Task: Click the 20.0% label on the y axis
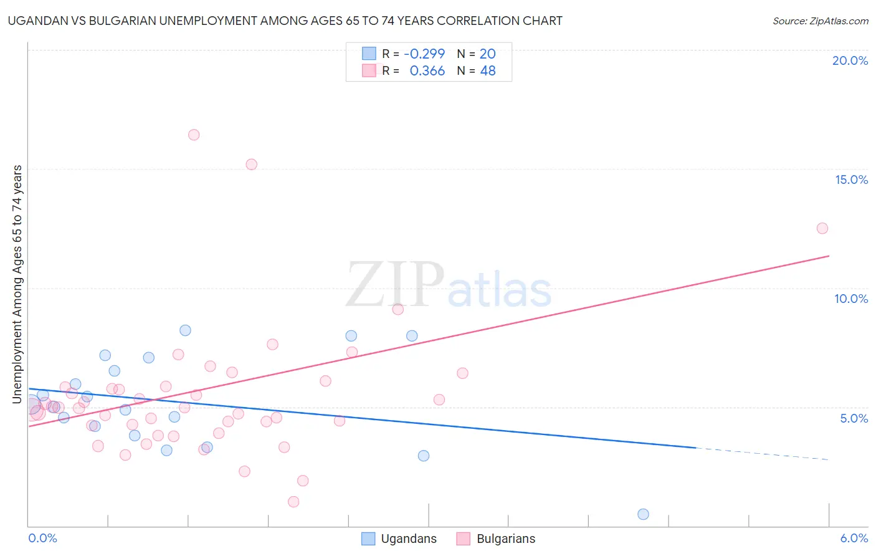click(x=850, y=60)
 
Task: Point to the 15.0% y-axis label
click(x=851, y=180)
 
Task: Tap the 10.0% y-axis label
click(x=851, y=299)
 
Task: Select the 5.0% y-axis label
click(x=854, y=418)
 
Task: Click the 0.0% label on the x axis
click(x=42, y=538)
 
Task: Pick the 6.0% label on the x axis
click(x=854, y=538)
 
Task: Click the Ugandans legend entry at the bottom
click(x=399, y=539)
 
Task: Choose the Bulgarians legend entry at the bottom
click(x=496, y=539)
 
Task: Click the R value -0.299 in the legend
click(x=424, y=54)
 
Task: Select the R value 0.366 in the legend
click(x=427, y=71)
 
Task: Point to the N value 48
click(x=488, y=71)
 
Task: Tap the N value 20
click(x=488, y=54)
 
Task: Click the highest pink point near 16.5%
click(x=194, y=135)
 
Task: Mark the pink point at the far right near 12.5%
click(x=822, y=228)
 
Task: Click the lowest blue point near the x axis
click(x=644, y=514)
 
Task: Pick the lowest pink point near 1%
click(x=293, y=502)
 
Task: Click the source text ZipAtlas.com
click(x=820, y=21)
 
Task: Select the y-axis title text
click(x=17, y=284)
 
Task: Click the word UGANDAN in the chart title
click(x=37, y=21)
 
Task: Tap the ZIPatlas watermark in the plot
click(x=449, y=285)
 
